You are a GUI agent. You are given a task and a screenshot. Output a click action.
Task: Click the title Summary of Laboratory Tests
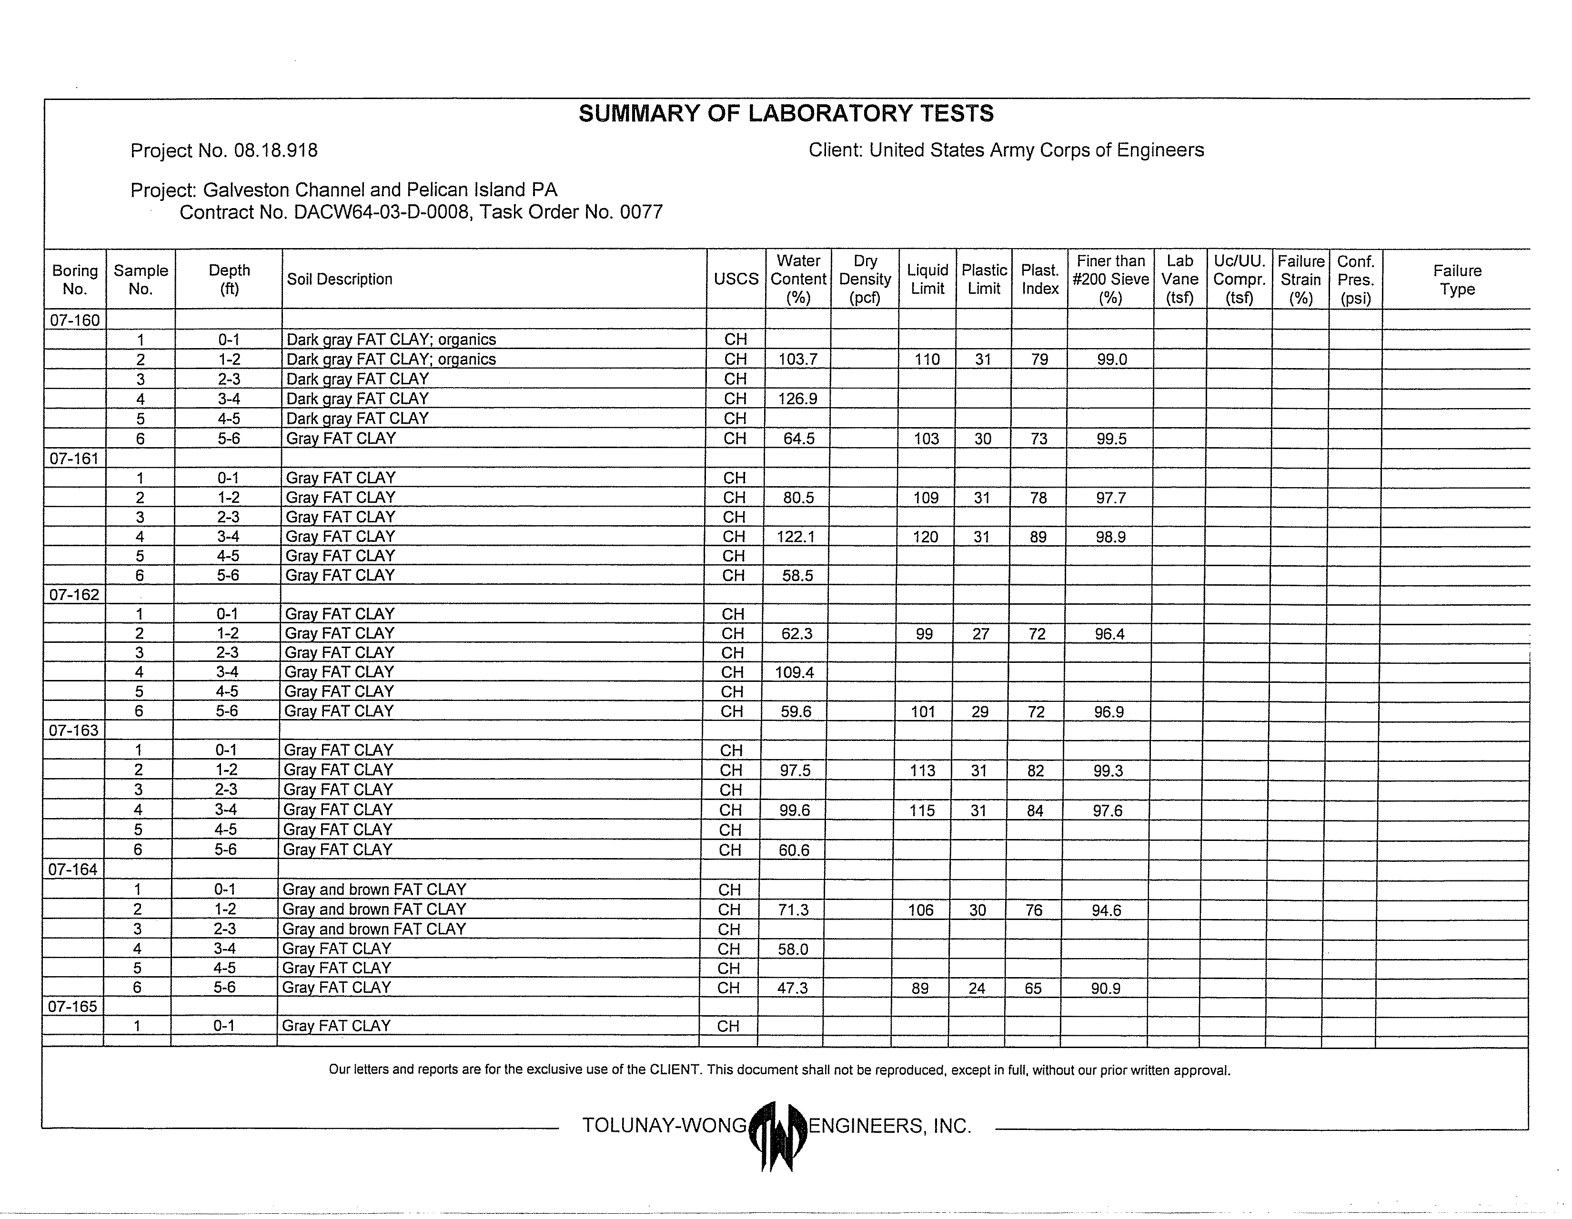[786, 114]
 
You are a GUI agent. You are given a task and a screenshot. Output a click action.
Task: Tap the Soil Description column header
[340, 279]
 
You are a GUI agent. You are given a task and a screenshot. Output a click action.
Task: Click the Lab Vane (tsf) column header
[1180, 279]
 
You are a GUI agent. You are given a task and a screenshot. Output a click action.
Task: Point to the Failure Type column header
[1457, 280]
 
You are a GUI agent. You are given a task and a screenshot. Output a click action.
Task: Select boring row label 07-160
[75, 320]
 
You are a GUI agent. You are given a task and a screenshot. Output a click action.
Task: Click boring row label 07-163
[73, 730]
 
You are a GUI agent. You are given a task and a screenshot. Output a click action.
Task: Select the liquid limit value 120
[926, 537]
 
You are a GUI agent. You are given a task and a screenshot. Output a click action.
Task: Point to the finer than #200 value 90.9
[1106, 989]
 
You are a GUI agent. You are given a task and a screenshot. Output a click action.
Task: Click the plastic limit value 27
[981, 634]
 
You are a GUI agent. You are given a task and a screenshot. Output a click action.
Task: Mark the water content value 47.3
[793, 989]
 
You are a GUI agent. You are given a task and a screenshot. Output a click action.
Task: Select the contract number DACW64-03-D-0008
[383, 213]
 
